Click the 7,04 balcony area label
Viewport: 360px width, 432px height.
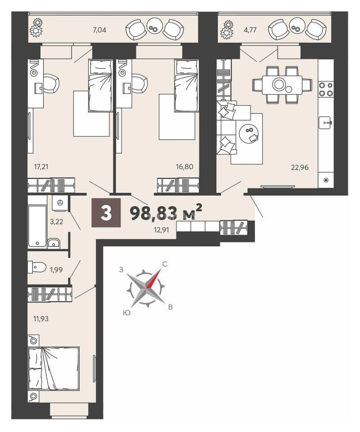pyautogui.click(x=100, y=30)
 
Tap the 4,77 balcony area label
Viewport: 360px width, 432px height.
pyautogui.click(x=250, y=30)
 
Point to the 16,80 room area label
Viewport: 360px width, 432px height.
pyautogui.click(x=185, y=166)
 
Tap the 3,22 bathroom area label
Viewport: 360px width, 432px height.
pyautogui.click(x=57, y=222)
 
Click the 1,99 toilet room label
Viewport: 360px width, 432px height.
pyautogui.click(x=56, y=270)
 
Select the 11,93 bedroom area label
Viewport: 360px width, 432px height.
pyautogui.click(x=41, y=319)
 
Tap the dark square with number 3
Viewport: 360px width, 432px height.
pyautogui.click(x=106, y=213)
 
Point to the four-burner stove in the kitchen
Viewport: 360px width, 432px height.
pyautogui.click(x=326, y=90)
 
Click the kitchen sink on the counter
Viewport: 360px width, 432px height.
pyautogui.click(x=326, y=123)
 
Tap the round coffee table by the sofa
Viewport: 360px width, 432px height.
pyautogui.click(x=249, y=133)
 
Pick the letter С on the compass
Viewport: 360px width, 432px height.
pyautogui.click(x=165, y=264)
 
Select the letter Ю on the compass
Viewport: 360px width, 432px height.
pyautogui.click(x=127, y=312)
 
